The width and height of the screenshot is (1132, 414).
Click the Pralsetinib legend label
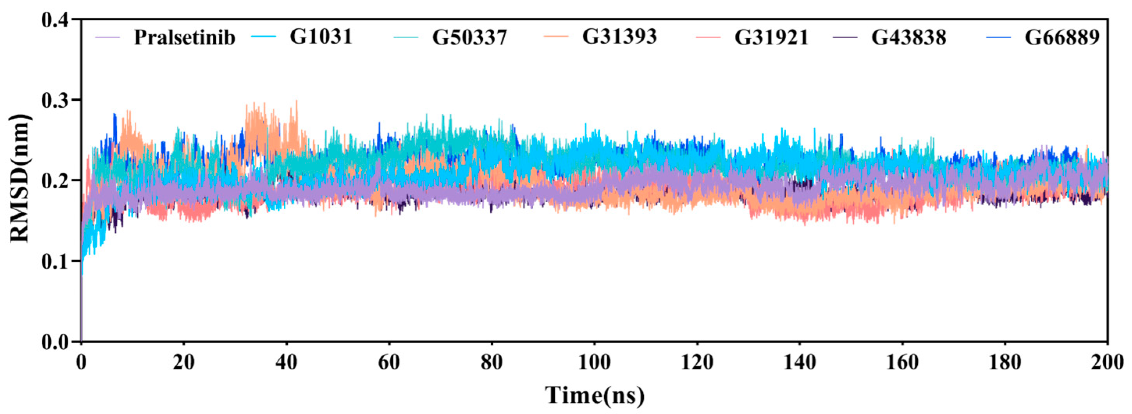coord(185,37)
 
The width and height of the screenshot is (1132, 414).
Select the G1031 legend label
coord(321,36)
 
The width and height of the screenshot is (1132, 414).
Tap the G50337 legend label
coord(470,37)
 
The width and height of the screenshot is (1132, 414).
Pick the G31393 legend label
coord(619,36)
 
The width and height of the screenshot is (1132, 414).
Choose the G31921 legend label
coord(772,37)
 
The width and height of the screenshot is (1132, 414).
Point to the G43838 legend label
coord(909,37)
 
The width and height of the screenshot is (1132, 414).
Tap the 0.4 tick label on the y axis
coord(56,20)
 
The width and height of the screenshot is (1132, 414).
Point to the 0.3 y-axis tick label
coord(56,100)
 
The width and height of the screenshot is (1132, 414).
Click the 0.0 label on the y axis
coord(56,341)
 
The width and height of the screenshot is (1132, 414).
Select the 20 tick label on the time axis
coord(184,363)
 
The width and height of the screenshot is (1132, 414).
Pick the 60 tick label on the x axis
coord(389,363)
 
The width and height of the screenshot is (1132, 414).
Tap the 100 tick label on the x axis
coord(594,363)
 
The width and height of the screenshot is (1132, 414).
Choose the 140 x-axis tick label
coord(799,363)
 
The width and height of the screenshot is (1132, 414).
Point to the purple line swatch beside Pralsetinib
coord(108,37)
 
